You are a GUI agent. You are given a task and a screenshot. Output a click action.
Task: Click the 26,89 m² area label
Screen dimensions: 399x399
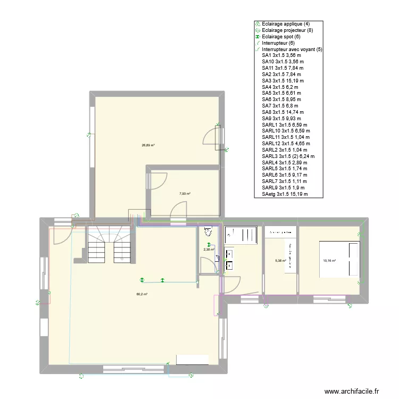pyautogui.click(x=148, y=145)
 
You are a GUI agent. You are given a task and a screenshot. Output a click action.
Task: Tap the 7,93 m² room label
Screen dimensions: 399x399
pyautogui.click(x=185, y=194)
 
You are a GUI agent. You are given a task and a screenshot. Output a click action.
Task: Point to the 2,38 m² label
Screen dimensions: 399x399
pyautogui.click(x=209, y=249)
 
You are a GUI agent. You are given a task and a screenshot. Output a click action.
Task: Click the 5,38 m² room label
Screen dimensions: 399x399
pyautogui.click(x=280, y=261)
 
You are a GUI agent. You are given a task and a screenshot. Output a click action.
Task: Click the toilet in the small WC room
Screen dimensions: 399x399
pyautogui.click(x=208, y=231)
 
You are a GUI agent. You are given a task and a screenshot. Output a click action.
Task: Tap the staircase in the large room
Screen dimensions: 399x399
pyautogui.click(x=109, y=245)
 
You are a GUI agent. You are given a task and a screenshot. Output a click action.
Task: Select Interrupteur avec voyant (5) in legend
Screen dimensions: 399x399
pyautogui.click(x=292, y=49)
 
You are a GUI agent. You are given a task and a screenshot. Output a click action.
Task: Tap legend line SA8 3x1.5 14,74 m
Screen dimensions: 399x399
pyautogui.click(x=283, y=112)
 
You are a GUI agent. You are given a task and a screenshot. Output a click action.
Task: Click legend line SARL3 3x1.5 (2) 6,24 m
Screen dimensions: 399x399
pyautogui.click(x=288, y=156)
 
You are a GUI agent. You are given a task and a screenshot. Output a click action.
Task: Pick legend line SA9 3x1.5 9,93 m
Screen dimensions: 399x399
pyautogui.click(x=281, y=119)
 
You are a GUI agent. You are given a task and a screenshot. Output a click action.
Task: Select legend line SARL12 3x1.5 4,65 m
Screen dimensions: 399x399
pyautogui.click(x=286, y=144)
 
